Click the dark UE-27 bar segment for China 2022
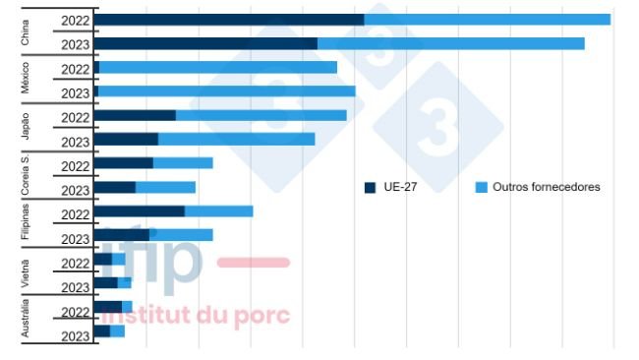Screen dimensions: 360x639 pos(229,20)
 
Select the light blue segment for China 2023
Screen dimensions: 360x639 pos(450,43)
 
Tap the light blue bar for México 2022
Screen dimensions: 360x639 pos(217,68)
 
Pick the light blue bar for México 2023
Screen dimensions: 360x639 pos(226,91)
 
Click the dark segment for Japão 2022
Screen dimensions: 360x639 pos(135,115)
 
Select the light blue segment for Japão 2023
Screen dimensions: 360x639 pos(236,139)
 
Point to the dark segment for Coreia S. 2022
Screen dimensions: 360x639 pos(124,163)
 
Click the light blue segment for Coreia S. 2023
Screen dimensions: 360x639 pos(165,187)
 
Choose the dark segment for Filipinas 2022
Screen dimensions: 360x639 pos(140,210)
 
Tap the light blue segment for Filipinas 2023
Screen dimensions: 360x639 pos(181,234)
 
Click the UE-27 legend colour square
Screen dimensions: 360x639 pos(370,187)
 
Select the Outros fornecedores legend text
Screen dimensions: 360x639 pos(546,187)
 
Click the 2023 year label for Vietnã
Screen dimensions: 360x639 pos(75,287)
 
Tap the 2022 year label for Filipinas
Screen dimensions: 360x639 pos(75,214)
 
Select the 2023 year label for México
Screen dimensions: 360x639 pos(75,93)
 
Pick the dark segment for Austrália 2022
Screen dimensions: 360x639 pos(108,307)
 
